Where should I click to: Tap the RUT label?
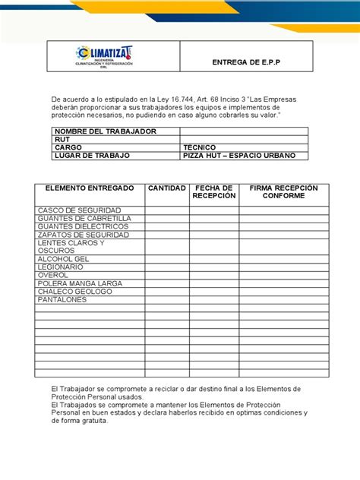(61, 139)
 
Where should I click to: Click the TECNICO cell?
(200, 147)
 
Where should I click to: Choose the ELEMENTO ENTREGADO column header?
(90, 187)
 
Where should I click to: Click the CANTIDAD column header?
(166, 187)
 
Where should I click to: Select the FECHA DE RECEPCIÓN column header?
(214, 191)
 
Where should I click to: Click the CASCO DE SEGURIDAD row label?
(77, 210)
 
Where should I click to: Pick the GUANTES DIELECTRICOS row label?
(83, 226)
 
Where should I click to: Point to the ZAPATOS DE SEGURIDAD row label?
(83, 235)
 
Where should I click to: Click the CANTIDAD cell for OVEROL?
(167, 276)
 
